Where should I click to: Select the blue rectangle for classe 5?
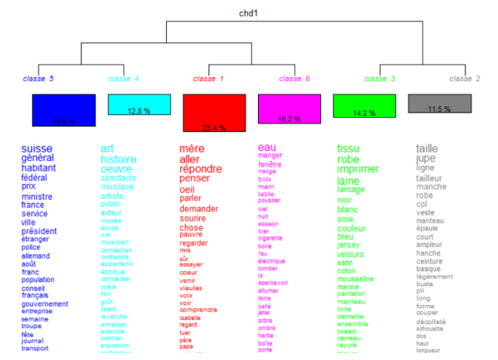pos(64,110)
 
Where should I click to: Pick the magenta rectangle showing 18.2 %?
pos(290,108)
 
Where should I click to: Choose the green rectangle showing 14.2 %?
pos(364,107)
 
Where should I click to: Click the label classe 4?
pos(124,79)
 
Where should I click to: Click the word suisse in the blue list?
pos(36,149)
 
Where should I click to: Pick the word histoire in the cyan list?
pos(118,160)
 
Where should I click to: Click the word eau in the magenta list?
pos(267,147)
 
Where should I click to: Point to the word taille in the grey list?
pos(427,148)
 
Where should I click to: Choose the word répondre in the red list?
pos(206,169)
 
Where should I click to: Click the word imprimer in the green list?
pos(358,169)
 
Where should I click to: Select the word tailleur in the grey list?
pos(430,178)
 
